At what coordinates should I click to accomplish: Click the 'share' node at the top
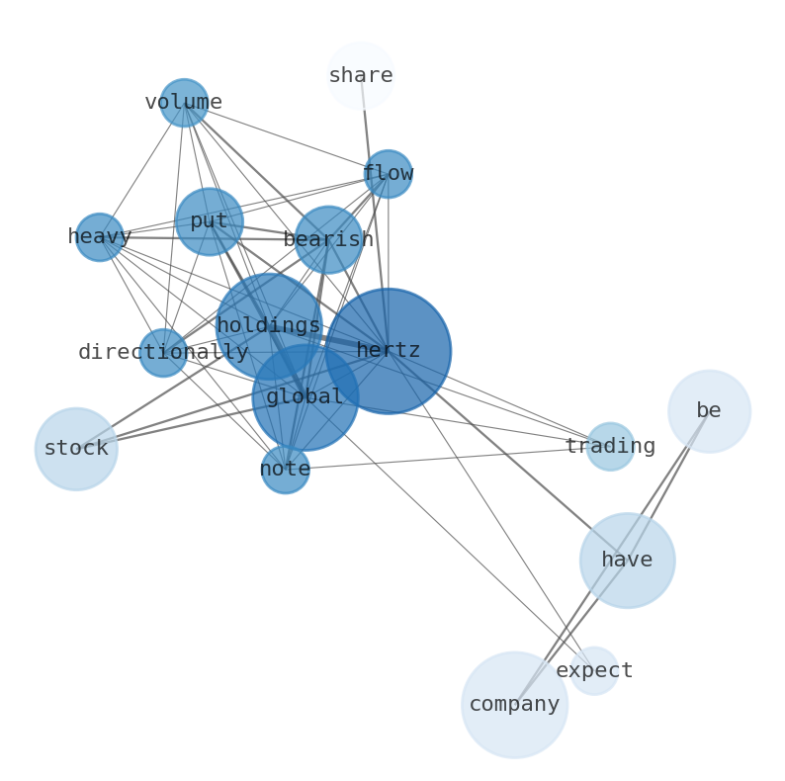point(360,75)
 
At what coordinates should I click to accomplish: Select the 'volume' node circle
point(184,103)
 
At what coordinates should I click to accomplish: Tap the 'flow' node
point(388,174)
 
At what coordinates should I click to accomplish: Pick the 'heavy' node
point(100,237)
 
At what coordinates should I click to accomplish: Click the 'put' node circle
point(209,221)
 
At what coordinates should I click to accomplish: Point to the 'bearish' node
point(328,239)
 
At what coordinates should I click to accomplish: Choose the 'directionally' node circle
point(163,353)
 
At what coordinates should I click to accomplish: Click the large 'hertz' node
point(389,351)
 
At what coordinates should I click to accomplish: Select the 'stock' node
point(76,449)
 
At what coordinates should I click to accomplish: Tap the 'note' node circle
point(285,470)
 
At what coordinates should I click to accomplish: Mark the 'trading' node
point(610,447)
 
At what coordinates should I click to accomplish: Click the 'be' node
point(709,411)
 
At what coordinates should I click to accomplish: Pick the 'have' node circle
point(627,561)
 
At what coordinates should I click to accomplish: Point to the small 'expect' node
point(594,671)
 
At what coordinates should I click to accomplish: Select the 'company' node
point(514,705)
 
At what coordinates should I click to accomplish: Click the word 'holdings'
point(268,325)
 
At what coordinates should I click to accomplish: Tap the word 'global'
point(305,397)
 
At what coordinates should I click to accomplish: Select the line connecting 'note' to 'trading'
point(445,459)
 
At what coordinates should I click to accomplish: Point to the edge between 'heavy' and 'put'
point(149,237)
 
